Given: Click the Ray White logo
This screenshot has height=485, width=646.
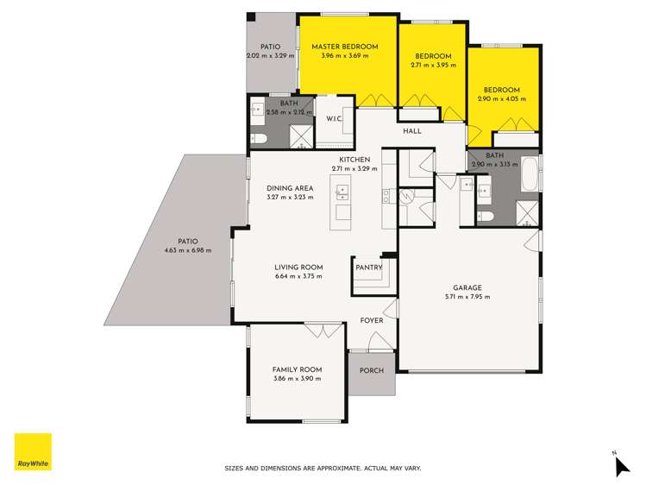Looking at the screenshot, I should tap(33, 452).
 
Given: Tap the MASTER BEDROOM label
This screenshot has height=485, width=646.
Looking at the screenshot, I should tap(344, 46).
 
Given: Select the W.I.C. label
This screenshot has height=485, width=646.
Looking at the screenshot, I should tap(332, 120).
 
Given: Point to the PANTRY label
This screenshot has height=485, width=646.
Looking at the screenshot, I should tap(368, 268).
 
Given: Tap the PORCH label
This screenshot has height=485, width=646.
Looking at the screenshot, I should tap(371, 371).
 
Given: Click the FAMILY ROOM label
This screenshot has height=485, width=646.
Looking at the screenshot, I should tap(296, 368).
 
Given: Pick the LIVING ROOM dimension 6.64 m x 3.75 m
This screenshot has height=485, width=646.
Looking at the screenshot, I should tap(298, 277).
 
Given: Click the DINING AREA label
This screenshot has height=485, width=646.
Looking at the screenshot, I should tap(289, 188).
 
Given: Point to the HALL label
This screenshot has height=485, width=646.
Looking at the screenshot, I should tap(413, 131).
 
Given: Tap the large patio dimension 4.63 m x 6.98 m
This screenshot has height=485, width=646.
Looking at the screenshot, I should tap(188, 251).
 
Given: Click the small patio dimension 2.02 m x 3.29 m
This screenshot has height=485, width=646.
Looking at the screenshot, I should tap(270, 55).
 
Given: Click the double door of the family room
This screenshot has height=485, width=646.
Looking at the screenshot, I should tap(322, 331).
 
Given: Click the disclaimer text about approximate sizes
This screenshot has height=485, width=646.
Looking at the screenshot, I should tap(323, 469).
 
